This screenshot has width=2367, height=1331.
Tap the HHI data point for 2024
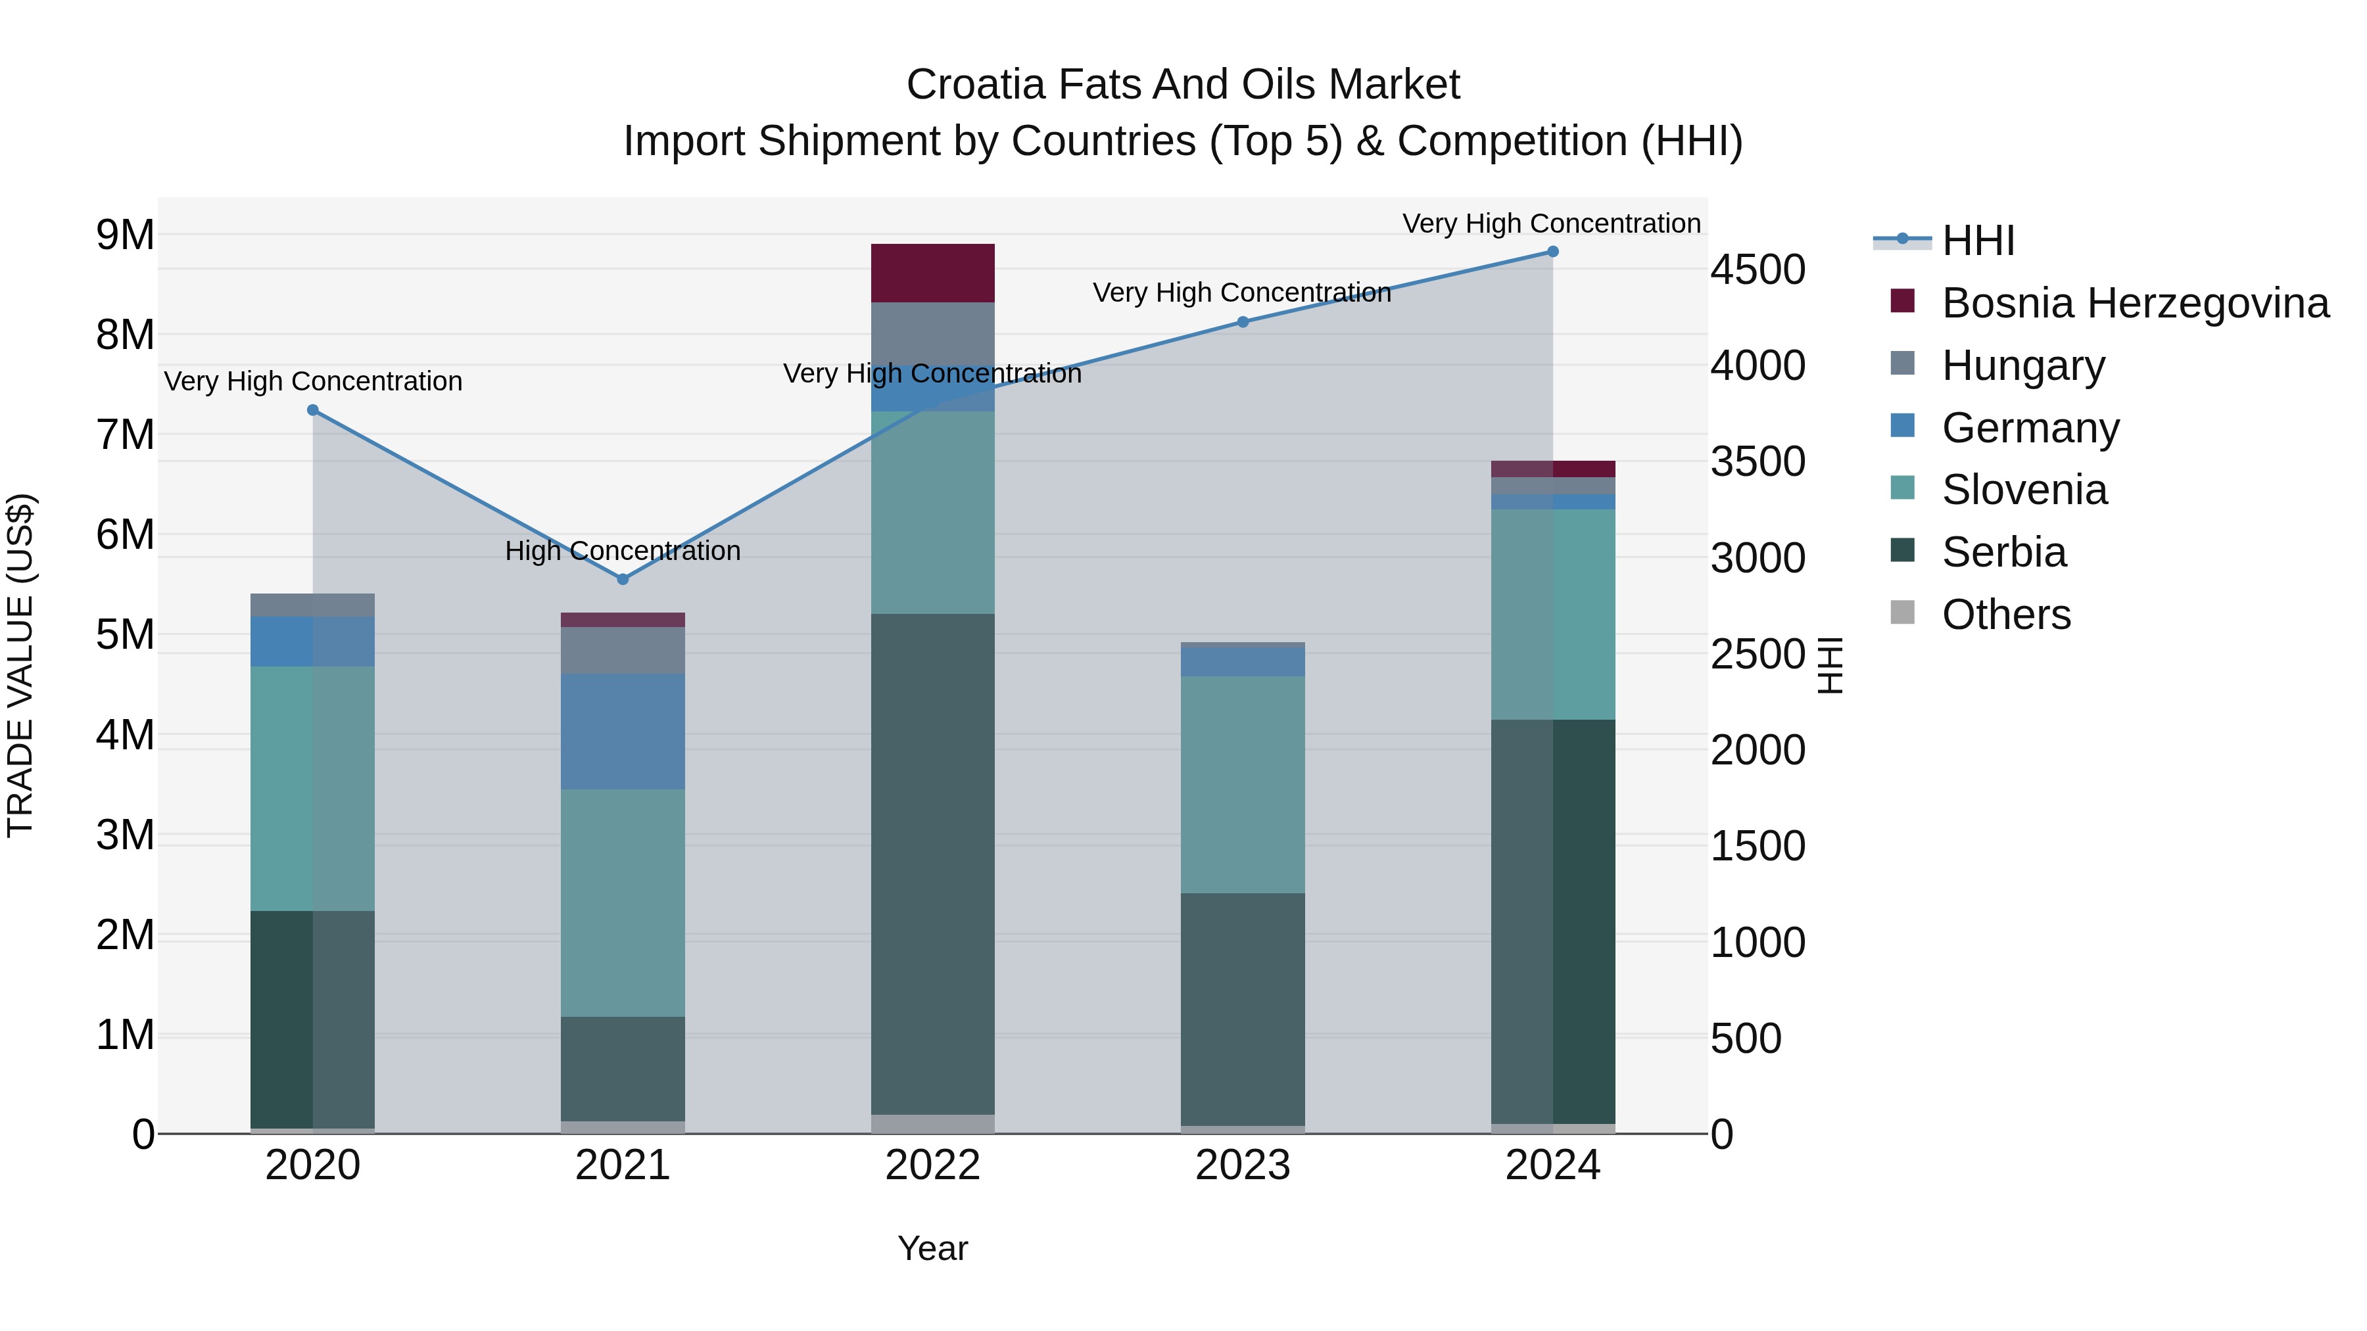[1553, 252]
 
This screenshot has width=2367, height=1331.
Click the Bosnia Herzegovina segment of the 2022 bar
[932, 273]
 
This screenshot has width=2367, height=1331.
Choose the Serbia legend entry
[2003, 553]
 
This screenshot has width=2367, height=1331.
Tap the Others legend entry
[2005, 615]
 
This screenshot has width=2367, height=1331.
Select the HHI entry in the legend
[1977, 241]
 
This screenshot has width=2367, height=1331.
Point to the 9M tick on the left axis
[126, 235]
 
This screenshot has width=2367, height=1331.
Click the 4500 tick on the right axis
[1757, 270]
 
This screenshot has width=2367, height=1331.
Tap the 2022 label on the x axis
[932, 1165]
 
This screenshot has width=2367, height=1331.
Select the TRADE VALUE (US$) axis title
[20, 665]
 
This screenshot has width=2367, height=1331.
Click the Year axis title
[932, 1248]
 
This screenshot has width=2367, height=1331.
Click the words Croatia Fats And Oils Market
[1183, 85]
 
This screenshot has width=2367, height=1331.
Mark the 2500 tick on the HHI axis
[1757, 654]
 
